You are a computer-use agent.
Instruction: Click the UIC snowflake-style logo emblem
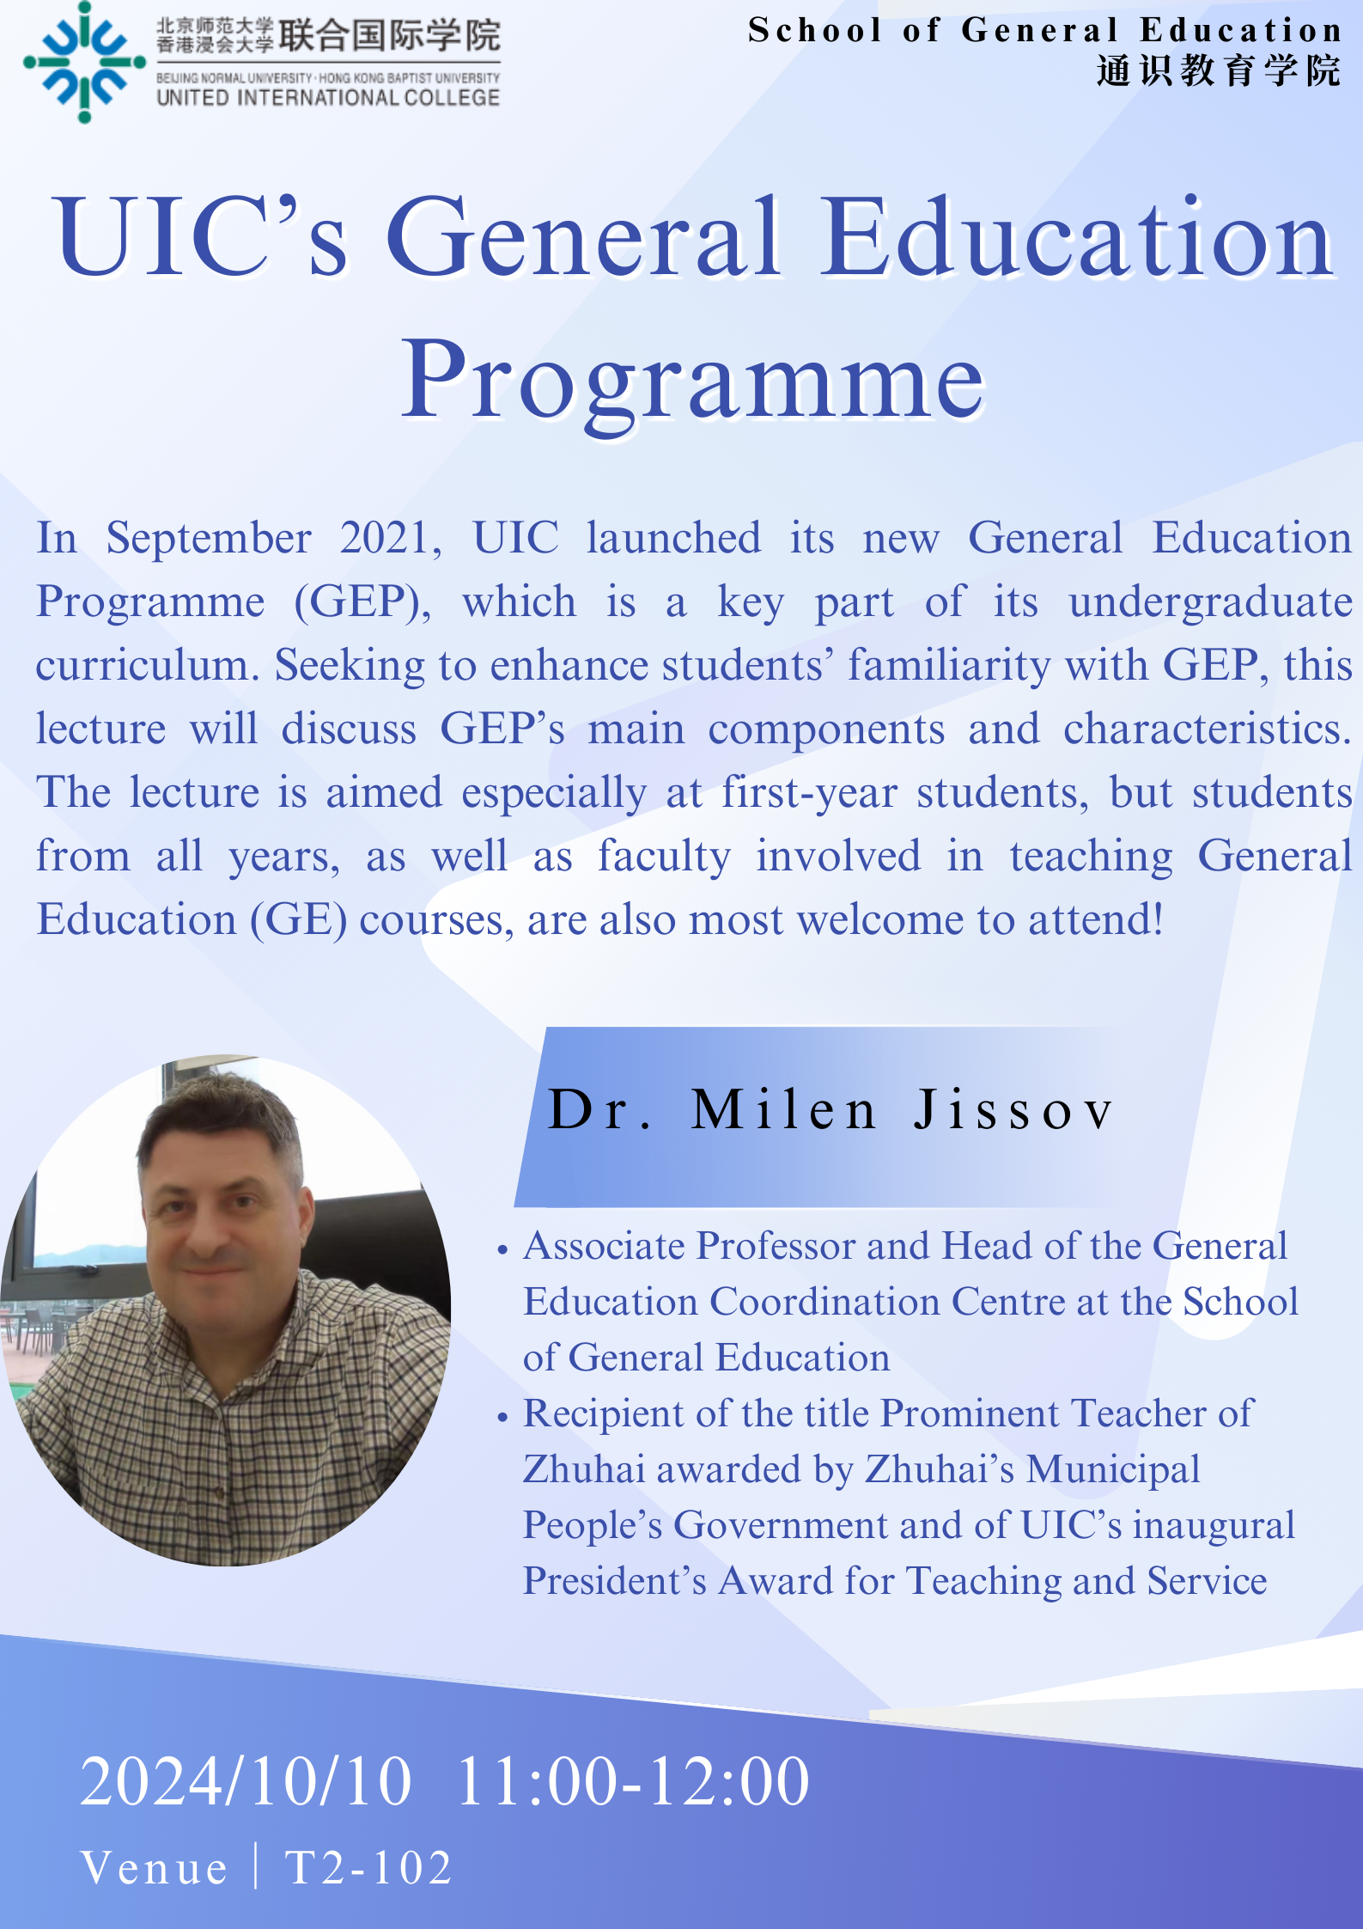click(84, 62)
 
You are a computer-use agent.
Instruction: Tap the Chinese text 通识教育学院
click(1219, 70)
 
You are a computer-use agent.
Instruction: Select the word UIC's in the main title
click(201, 237)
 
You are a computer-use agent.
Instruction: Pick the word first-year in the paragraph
click(809, 793)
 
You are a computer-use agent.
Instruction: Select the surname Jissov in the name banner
click(1013, 1109)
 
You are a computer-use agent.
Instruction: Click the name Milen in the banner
click(783, 1109)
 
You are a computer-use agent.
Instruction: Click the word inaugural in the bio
click(1214, 1526)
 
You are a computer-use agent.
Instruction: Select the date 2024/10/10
click(246, 1782)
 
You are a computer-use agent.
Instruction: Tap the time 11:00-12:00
click(633, 1782)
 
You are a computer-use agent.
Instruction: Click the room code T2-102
click(369, 1868)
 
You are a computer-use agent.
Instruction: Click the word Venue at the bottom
click(155, 1868)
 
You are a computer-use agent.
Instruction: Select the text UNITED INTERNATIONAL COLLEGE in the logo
click(328, 97)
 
